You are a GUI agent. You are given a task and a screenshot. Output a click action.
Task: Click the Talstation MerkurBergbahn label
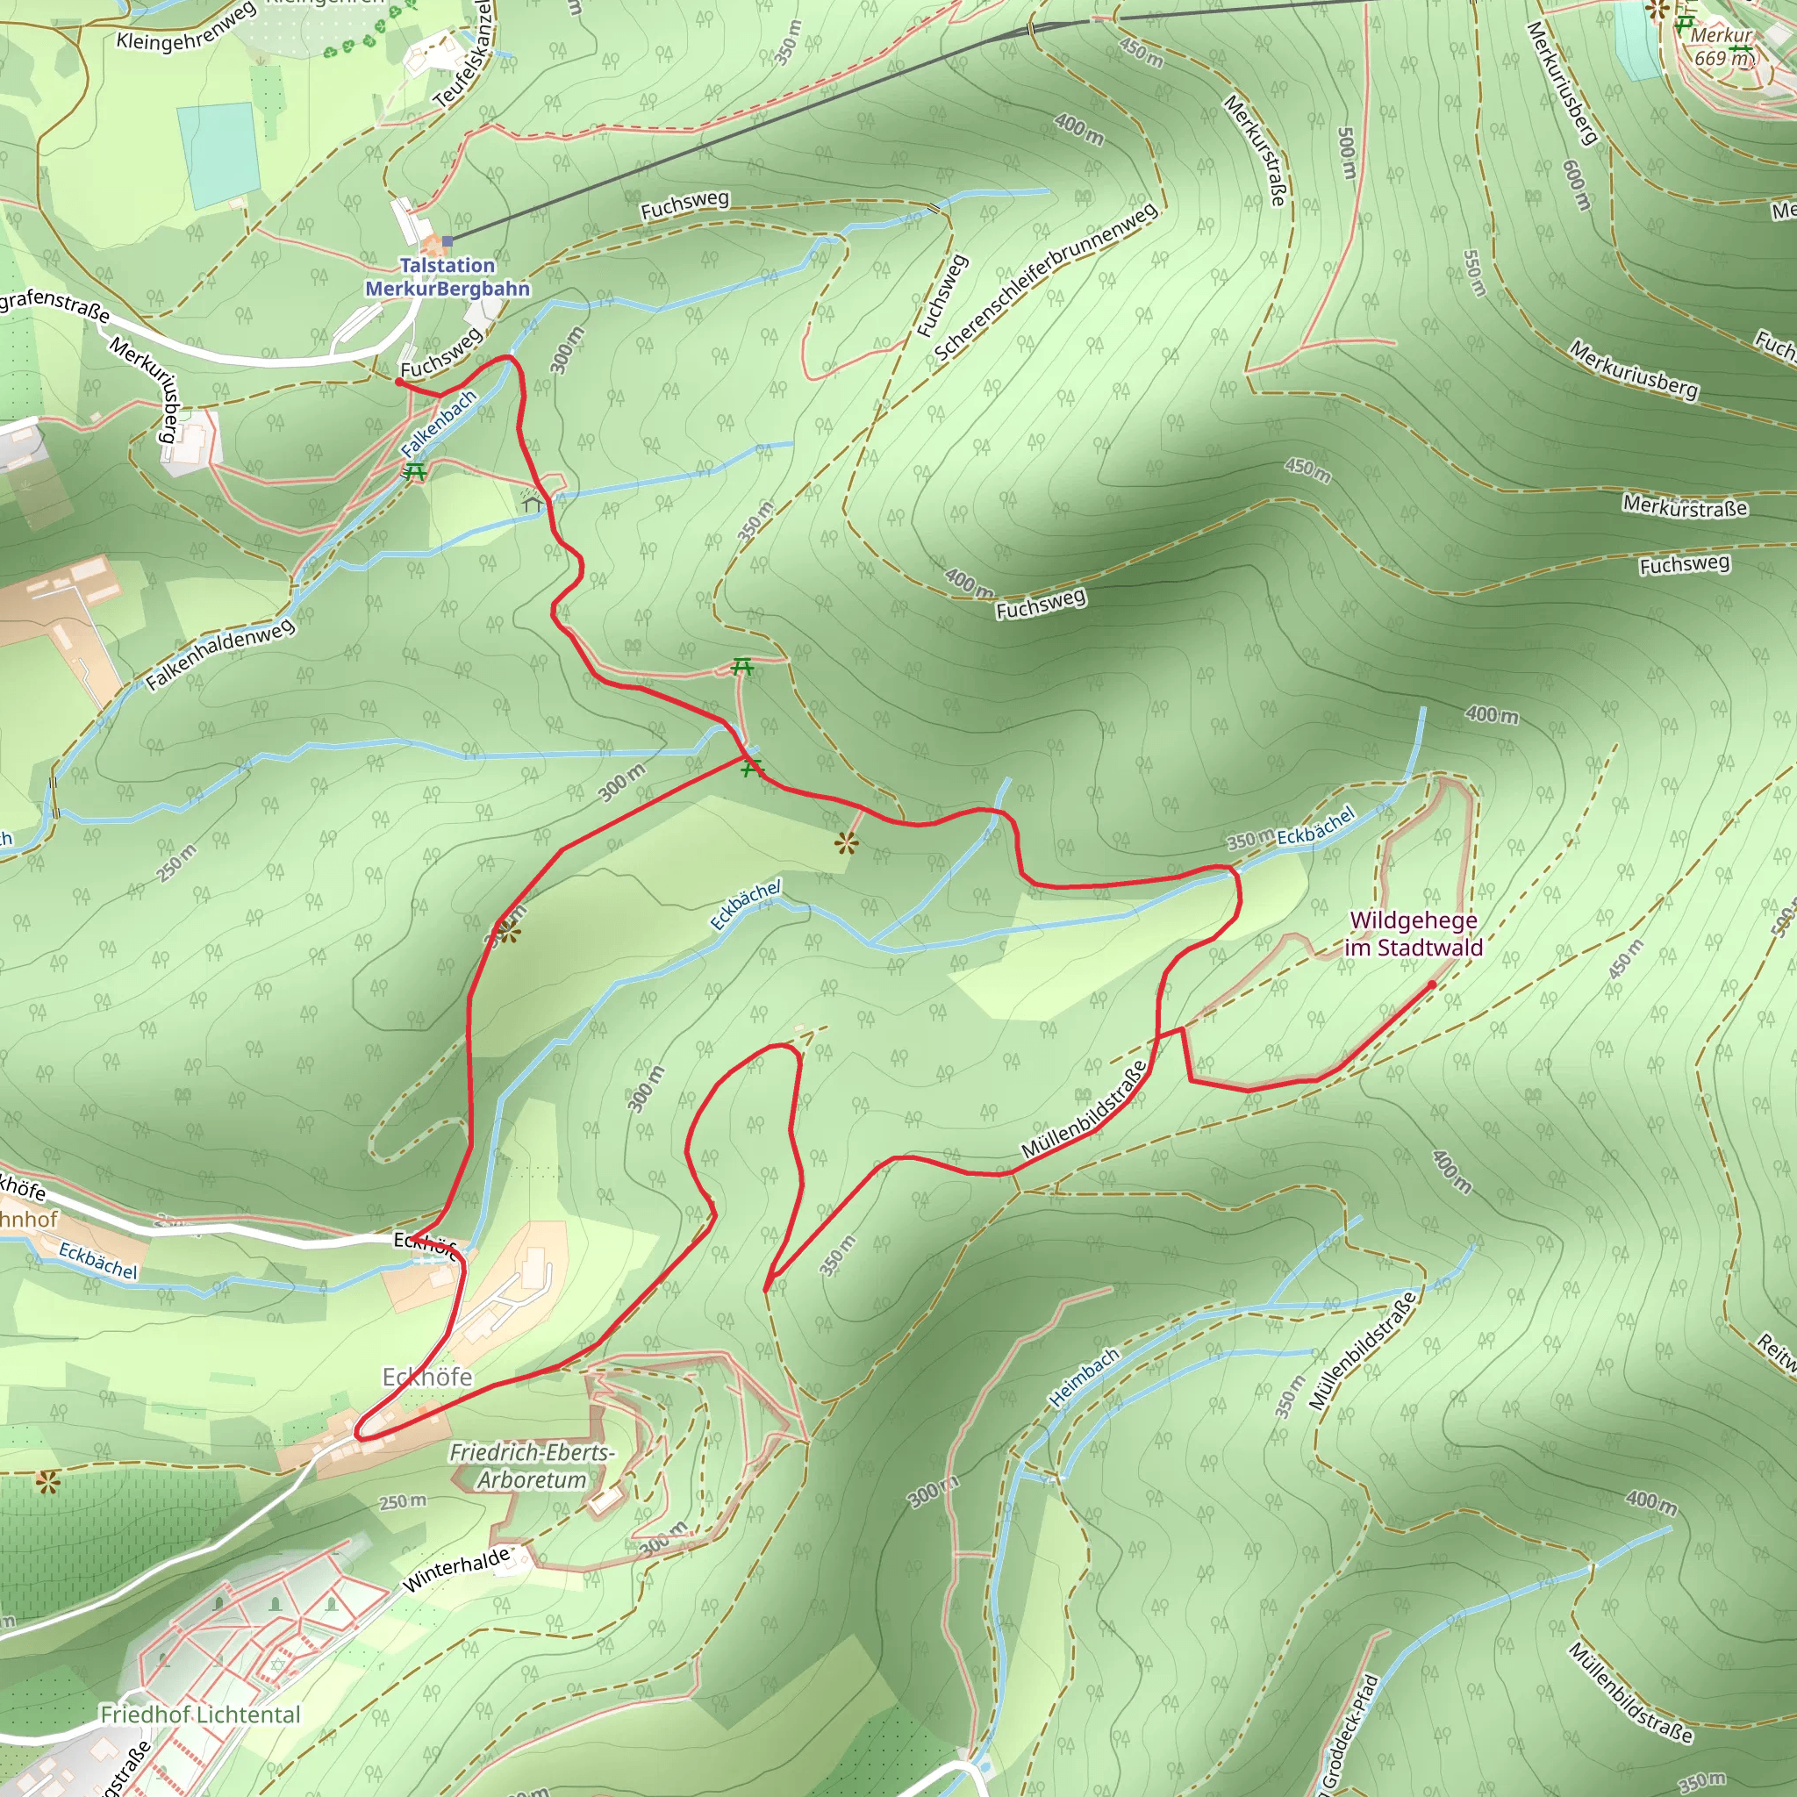tap(447, 277)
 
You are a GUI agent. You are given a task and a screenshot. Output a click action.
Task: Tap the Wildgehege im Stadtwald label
tap(1414, 934)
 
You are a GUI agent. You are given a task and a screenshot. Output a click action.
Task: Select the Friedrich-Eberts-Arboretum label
tap(532, 1466)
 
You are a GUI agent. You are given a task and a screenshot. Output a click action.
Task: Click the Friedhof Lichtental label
tap(201, 1715)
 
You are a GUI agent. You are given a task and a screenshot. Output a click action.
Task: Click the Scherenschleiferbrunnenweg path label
tap(1047, 281)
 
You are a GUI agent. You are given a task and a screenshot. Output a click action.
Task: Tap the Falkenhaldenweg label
tap(220, 654)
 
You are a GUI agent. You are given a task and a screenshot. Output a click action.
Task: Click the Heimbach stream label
tap(1085, 1377)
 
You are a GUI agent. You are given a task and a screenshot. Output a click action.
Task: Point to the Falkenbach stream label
tap(438, 423)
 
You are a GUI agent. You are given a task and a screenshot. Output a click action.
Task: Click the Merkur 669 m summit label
tap(1722, 47)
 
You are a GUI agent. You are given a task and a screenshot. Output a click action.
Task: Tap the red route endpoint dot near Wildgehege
tap(1431, 984)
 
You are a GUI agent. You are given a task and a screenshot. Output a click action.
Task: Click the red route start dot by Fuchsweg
tap(399, 383)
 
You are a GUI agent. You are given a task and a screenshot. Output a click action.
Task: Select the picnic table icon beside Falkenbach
tap(415, 471)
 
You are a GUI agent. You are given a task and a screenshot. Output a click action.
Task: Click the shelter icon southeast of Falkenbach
tap(533, 503)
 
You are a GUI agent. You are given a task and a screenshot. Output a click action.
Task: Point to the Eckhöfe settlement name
tap(427, 1377)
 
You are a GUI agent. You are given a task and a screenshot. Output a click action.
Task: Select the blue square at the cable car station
tap(447, 241)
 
